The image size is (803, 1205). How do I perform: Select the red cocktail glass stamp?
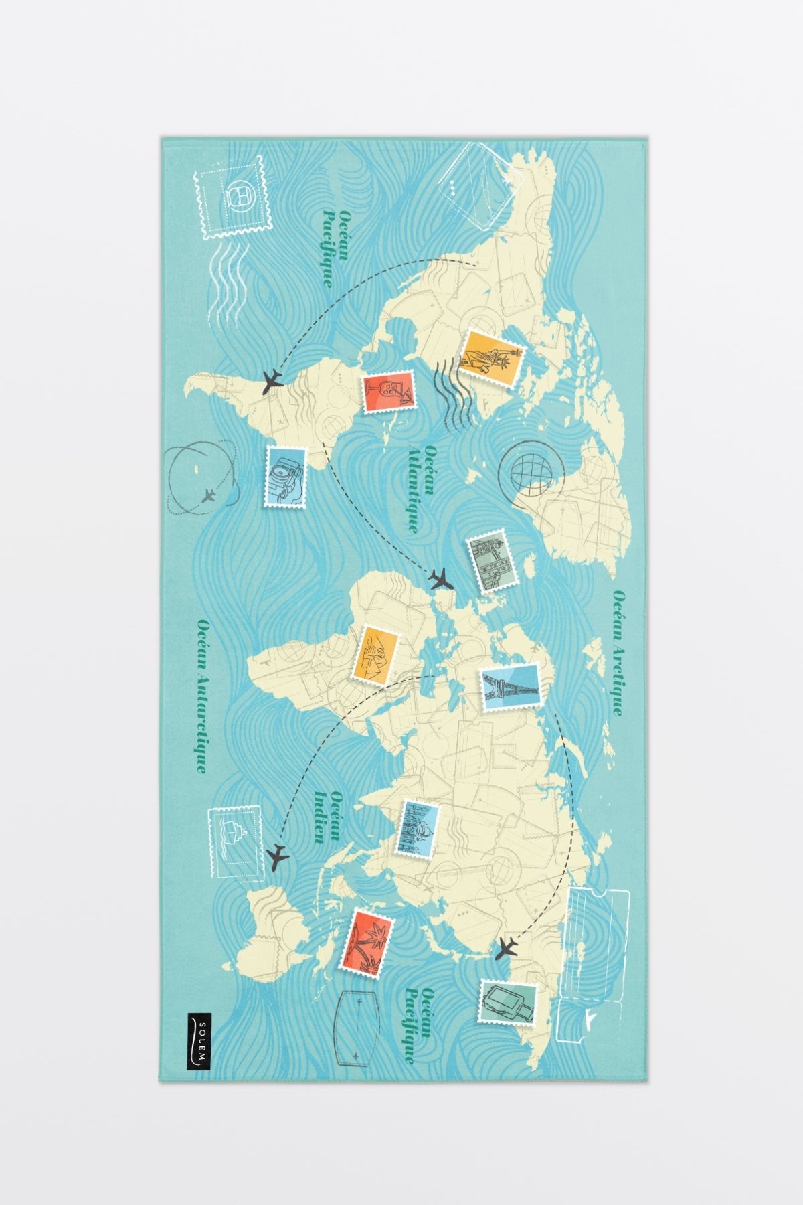click(x=388, y=392)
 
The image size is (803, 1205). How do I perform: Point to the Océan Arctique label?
click(x=619, y=653)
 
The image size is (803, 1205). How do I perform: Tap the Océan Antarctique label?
click(x=203, y=695)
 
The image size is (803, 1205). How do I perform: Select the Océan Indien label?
click(x=330, y=815)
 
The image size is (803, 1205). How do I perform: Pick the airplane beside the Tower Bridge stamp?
click(x=440, y=578)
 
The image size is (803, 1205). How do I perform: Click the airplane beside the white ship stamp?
click(x=276, y=857)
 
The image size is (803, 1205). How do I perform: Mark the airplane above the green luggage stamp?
click(x=507, y=948)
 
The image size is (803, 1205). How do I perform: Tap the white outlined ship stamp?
click(x=234, y=841)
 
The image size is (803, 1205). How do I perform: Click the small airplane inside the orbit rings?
click(x=209, y=496)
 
